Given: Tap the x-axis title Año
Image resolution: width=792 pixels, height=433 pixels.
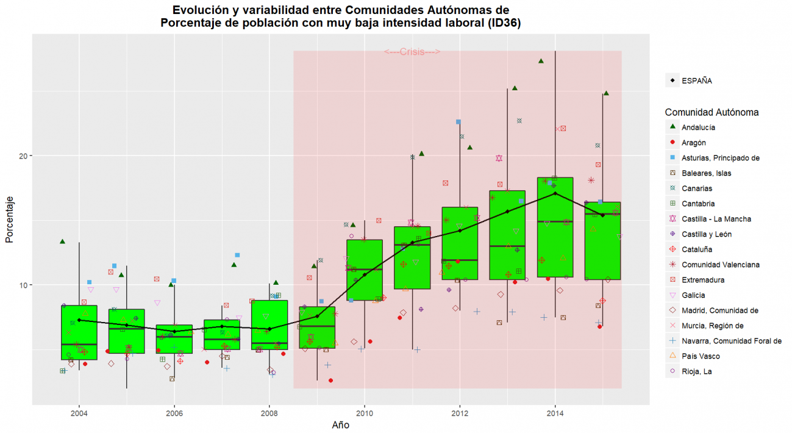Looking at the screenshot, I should [x=341, y=424].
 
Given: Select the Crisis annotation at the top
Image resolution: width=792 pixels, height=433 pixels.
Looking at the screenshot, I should [x=412, y=52].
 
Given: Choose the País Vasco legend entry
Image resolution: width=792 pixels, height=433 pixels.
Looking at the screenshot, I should [x=701, y=356].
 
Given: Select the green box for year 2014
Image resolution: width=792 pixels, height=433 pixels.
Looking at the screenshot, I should [x=555, y=227].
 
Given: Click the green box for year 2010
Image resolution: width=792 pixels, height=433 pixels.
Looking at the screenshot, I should [x=365, y=270].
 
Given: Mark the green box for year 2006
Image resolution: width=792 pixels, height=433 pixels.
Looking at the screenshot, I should [x=174, y=339].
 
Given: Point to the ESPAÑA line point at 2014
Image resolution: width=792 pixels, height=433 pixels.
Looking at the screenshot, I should [x=555, y=193].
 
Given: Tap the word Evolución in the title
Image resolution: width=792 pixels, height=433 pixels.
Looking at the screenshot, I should [x=201, y=10].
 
